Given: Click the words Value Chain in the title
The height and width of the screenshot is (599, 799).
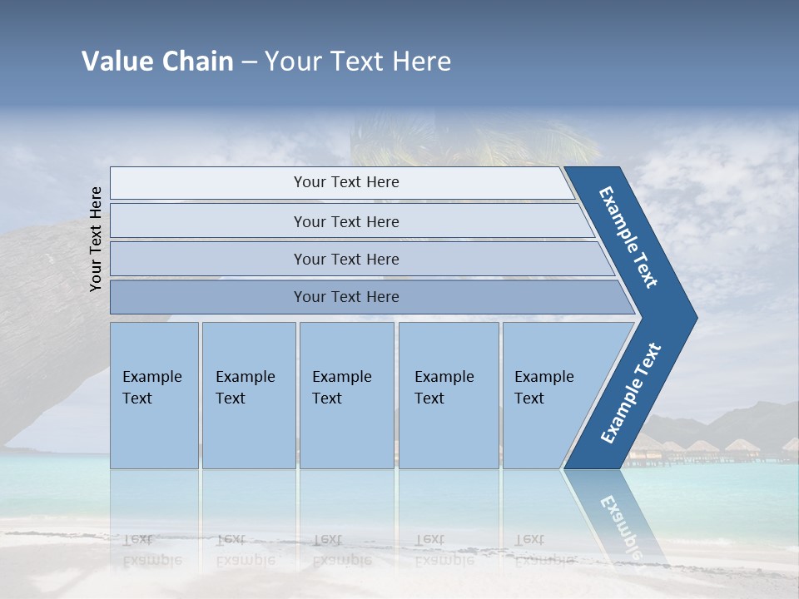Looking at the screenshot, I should (157, 62).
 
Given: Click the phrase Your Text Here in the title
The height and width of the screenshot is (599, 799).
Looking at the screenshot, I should (358, 62).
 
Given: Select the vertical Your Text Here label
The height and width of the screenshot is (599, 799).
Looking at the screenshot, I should (96, 239).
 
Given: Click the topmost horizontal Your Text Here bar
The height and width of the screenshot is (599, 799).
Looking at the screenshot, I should (345, 182).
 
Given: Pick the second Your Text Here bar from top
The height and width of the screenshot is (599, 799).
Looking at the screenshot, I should (345, 221).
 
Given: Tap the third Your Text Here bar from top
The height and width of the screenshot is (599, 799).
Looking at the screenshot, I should (345, 259).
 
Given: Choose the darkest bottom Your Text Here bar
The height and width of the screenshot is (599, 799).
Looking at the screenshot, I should (345, 297).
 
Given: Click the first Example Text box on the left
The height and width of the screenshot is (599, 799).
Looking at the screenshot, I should (154, 395).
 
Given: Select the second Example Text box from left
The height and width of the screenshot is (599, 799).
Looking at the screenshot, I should (248, 395).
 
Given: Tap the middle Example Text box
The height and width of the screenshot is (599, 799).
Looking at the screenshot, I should (346, 395).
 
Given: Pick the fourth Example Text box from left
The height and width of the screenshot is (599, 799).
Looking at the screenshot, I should (448, 395).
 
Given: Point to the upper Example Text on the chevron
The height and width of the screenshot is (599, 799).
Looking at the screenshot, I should (628, 237).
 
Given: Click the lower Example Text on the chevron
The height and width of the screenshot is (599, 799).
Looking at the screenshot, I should (631, 393).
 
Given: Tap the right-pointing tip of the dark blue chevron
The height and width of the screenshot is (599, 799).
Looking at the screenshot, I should (692, 318).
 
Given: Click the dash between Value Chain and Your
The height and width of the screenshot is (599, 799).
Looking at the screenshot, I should (249, 62).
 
